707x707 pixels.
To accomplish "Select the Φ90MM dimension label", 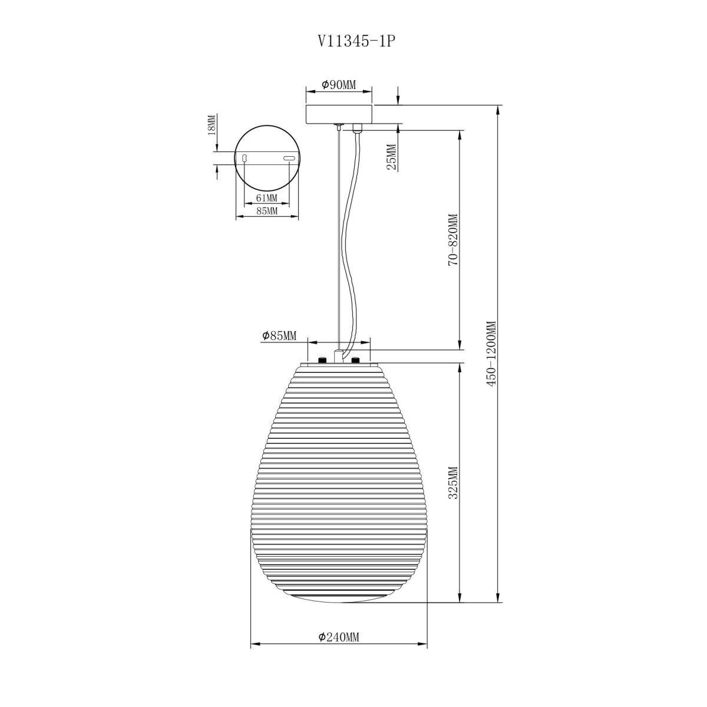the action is pos(339,85).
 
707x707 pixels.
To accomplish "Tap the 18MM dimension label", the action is pos(212,125).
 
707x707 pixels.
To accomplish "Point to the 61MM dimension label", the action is pos(266,198).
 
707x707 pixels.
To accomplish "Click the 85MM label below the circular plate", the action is pos(266,212).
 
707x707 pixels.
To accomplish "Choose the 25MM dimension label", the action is pos(392,157).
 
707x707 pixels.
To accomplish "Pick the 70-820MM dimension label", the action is pos(454,240).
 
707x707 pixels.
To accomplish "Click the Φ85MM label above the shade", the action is pos(279,335).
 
